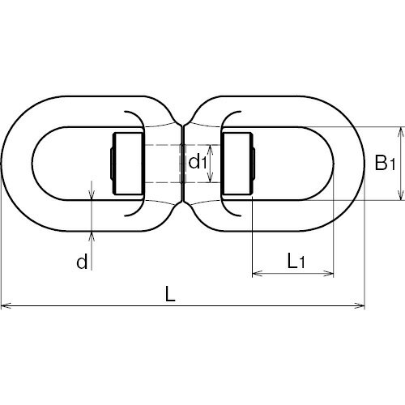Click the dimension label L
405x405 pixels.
[170, 294]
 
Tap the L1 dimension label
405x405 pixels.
[296, 261]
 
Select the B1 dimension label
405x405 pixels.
[386, 163]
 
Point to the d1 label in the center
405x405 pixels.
[198, 163]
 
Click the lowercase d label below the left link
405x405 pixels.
[82, 262]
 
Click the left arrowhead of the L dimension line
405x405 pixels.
[6, 306]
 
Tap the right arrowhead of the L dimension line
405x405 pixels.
[360, 306]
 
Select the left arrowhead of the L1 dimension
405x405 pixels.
[258, 274]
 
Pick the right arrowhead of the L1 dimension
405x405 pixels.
[329, 274]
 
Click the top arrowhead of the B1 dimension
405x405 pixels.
[401, 132]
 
